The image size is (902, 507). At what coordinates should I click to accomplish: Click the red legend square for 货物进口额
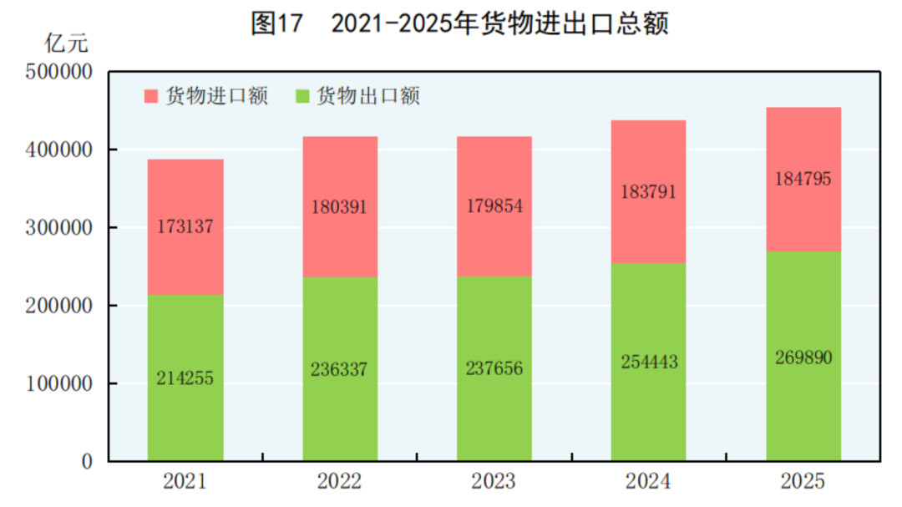151,96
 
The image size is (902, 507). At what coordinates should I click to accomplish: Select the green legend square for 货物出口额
302,96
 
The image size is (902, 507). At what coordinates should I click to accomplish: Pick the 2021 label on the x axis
185,482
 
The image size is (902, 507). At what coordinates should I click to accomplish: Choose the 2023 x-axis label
494,482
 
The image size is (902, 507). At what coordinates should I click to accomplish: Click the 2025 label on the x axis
803,482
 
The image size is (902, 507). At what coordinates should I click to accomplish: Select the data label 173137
185,226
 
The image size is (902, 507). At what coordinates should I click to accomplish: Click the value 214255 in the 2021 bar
185,378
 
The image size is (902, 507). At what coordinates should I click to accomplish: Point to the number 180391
339,206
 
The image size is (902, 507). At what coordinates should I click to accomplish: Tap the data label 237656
494,368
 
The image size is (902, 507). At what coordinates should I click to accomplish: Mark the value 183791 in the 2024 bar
648,191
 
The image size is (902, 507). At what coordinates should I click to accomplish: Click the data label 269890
803,357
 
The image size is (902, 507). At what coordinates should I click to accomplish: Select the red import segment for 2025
803,142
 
